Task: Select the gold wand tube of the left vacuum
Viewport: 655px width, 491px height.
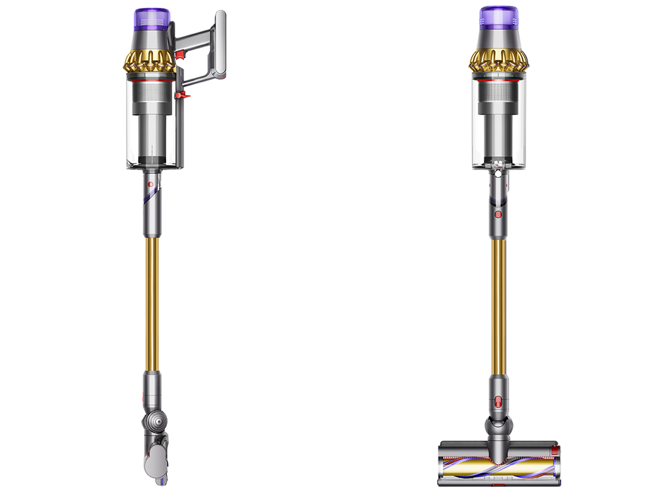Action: pyautogui.click(x=151, y=304)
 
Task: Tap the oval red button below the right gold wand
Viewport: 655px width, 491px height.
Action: pyautogui.click(x=498, y=402)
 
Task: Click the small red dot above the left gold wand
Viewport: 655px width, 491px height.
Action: pyautogui.click(x=150, y=184)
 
